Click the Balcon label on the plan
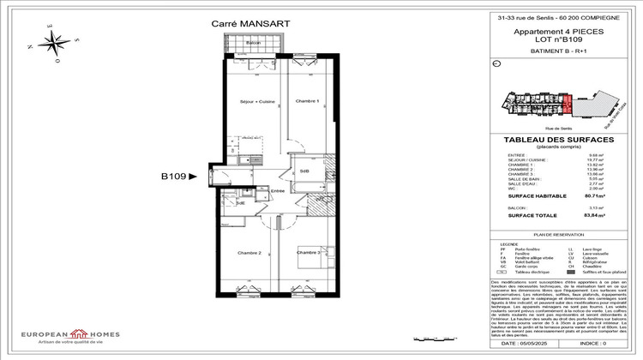tap(253, 43)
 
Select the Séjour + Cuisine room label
tap(257, 101)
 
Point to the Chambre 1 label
tap(307, 101)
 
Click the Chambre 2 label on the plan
tap(249, 253)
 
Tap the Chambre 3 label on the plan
tap(309, 253)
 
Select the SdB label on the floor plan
tap(304, 172)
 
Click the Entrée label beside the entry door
tap(279, 192)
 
